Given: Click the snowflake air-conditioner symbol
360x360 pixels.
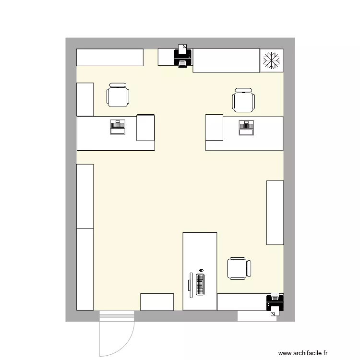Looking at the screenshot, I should click(272, 60).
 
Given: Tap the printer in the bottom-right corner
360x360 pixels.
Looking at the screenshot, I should click(275, 303).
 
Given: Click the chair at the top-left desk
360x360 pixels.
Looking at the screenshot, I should click(118, 95).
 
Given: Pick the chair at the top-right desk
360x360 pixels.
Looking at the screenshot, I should click(243, 100).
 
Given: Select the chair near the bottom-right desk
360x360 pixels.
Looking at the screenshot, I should click(239, 268).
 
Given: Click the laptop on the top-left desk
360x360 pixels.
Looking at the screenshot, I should click(118, 127).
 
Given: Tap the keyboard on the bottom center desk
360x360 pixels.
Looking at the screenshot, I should click(200, 284).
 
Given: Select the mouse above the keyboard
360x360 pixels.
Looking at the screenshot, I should click(201, 271).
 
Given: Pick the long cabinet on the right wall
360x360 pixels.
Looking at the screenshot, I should click(275, 212).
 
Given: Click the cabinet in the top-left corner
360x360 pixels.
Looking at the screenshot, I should click(110, 57).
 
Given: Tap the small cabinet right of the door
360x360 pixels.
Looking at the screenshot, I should click(157, 302).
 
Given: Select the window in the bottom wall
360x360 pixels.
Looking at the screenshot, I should click(257, 316).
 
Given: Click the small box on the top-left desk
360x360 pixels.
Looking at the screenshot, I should click(145, 128).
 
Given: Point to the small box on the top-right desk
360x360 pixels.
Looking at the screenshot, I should click(215, 127).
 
